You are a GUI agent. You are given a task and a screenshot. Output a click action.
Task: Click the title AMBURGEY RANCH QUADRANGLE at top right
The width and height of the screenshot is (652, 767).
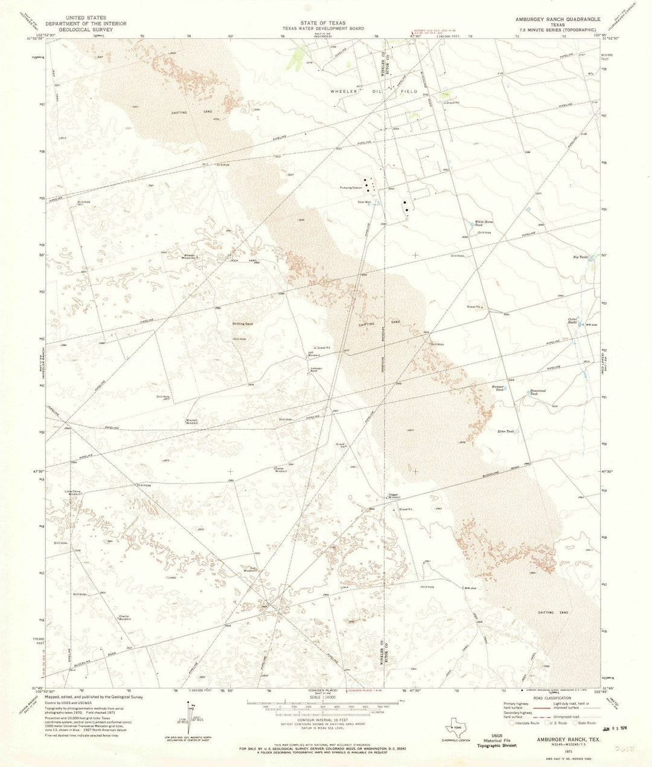[555, 19]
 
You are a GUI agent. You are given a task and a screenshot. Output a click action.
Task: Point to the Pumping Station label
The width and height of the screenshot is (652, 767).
[351, 188]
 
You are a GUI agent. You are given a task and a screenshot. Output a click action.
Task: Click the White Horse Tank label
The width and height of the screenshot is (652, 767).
[484, 223]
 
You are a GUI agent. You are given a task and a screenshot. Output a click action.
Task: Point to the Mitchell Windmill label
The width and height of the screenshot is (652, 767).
[191, 421]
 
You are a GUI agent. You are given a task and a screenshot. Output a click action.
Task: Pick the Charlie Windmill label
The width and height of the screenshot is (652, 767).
[125, 617]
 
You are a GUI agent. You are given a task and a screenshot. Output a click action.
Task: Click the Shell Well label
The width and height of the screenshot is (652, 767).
[364, 202]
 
